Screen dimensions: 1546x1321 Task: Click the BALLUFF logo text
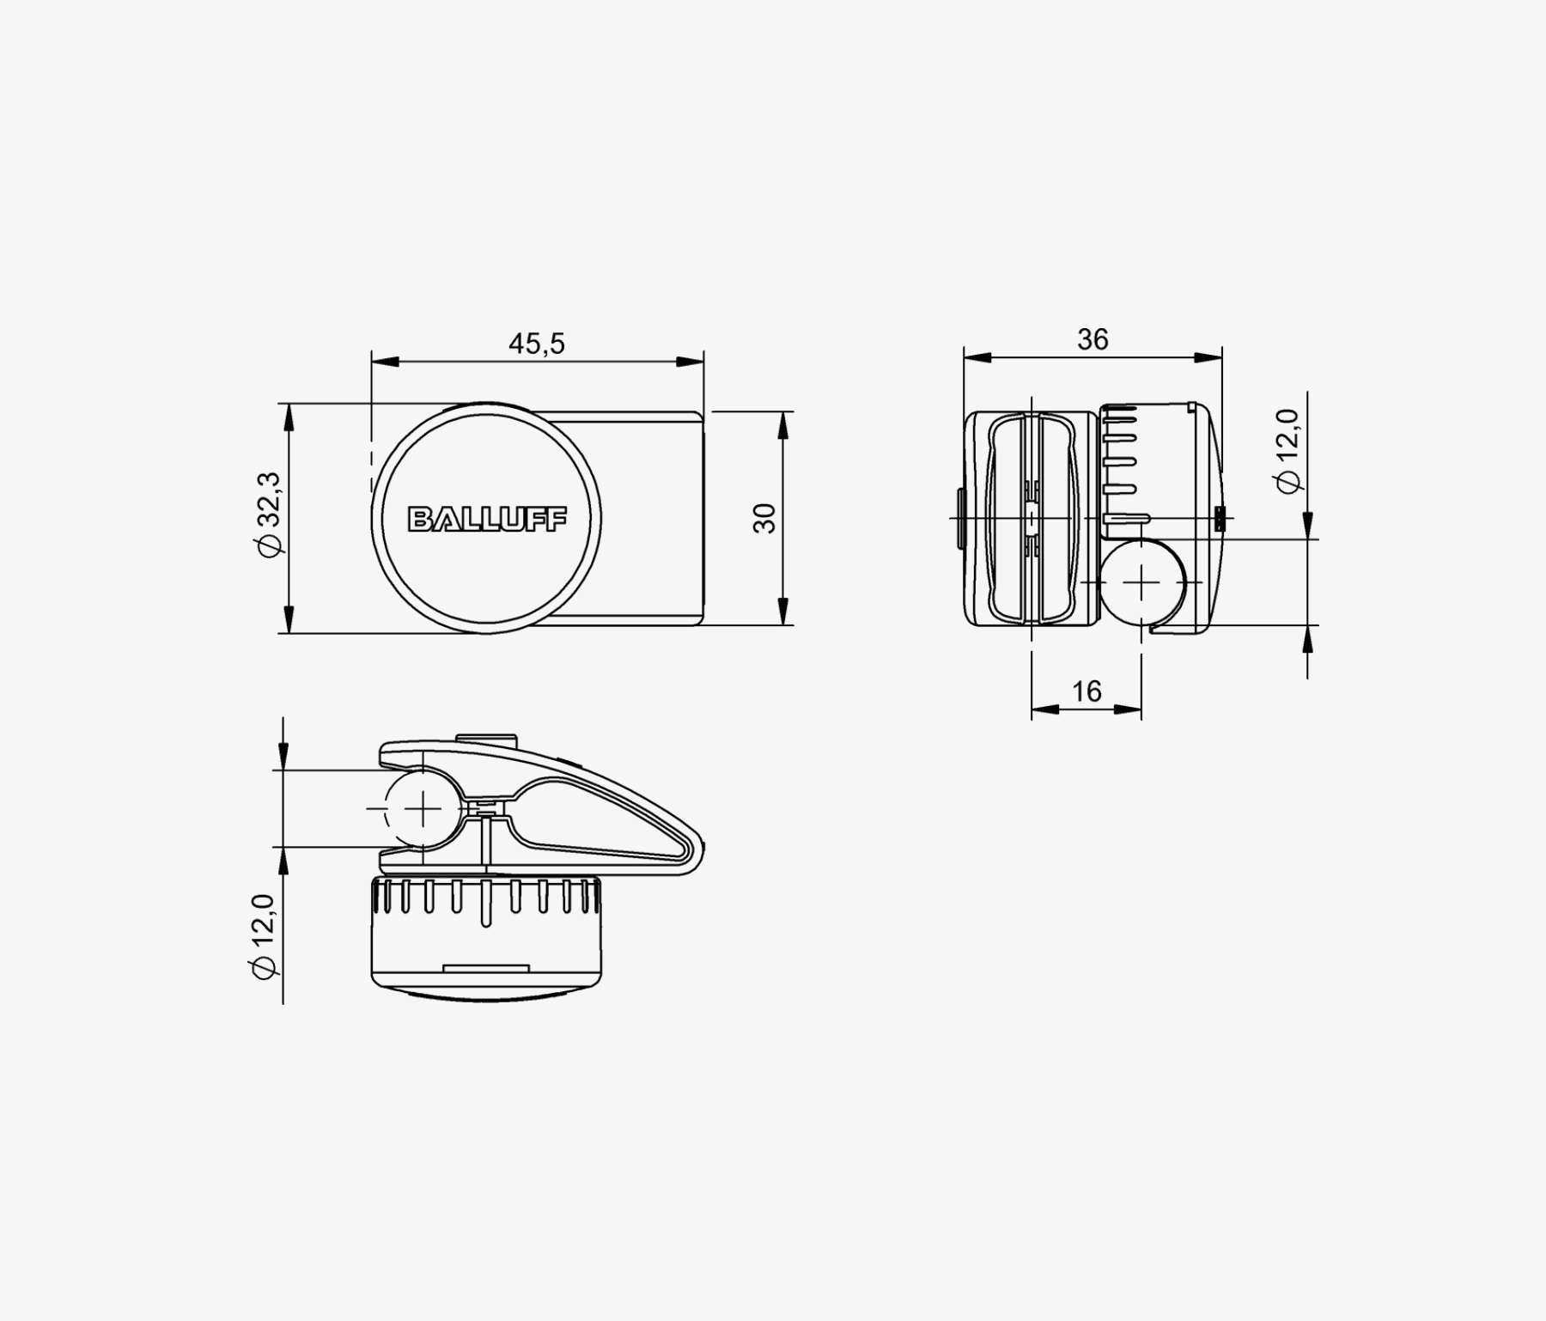487,519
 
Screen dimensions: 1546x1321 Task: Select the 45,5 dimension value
537,344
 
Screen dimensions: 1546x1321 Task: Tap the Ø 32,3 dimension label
269,514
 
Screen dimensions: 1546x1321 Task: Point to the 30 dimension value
764,518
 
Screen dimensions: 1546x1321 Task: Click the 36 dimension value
1093,340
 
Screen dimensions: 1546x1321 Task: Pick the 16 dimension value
1086,691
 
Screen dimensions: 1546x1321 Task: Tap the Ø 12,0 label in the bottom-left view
263,936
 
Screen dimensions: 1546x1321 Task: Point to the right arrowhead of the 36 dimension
1208,357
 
